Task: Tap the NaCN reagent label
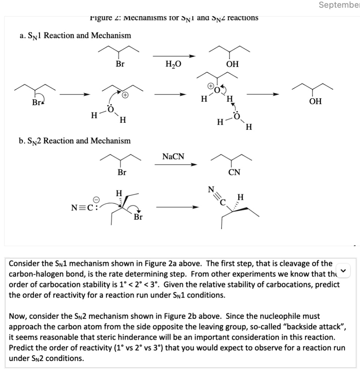pyautogui.click(x=173, y=157)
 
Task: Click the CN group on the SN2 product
pyautogui.click(x=234, y=172)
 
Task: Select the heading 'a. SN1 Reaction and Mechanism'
pyautogui.click(x=75, y=36)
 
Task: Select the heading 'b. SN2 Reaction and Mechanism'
pyautogui.click(x=74, y=141)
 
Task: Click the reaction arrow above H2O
pyautogui.click(x=174, y=56)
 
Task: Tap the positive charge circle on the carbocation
pyautogui.click(x=125, y=95)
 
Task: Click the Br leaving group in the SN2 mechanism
pyautogui.click(x=138, y=217)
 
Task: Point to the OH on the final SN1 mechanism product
pyautogui.click(x=315, y=101)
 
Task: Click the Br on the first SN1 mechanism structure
pyautogui.click(x=36, y=103)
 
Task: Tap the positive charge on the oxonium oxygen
pyautogui.click(x=211, y=86)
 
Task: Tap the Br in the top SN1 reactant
pyautogui.click(x=120, y=64)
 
